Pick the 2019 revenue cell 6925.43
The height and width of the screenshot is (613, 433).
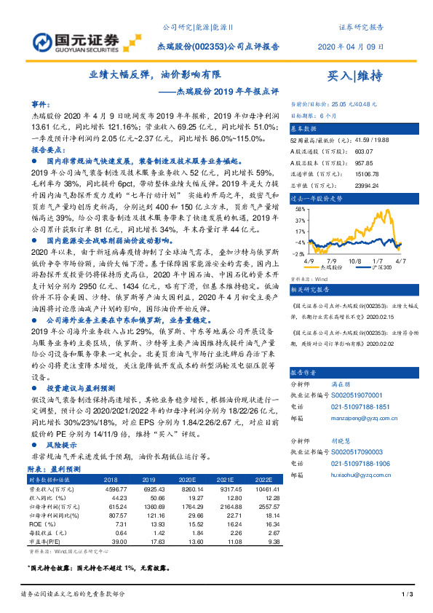pos(146,490)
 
